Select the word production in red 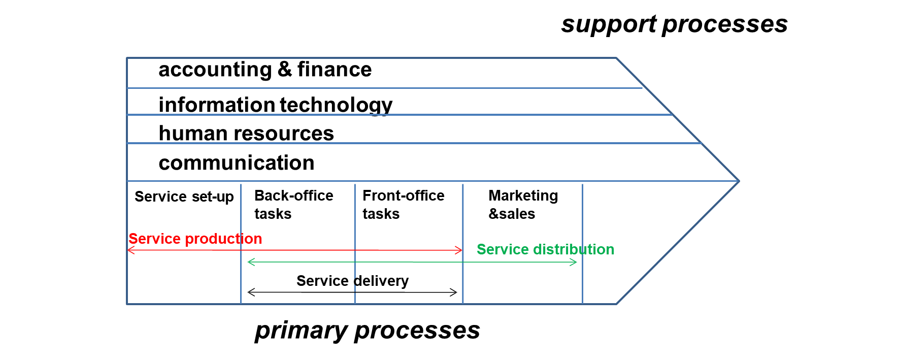pyautogui.click(x=224, y=239)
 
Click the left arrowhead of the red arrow pyautogui.click(x=129, y=250)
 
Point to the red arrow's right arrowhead pyautogui.click(x=460, y=250)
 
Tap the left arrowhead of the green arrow pyautogui.click(x=249, y=262)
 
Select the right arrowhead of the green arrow pyautogui.click(x=576, y=262)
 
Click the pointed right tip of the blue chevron pyautogui.click(x=739, y=181)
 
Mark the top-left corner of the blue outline pyautogui.click(x=127, y=58)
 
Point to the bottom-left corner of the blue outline pyautogui.click(x=127, y=304)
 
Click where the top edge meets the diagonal pyautogui.click(x=616, y=58)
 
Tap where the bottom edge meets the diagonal pyautogui.click(x=616, y=304)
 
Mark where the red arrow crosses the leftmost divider pyautogui.click(x=241, y=250)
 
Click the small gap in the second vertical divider pyautogui.click(x=355, y=285)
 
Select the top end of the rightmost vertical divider pyautogui.click(x=582, y=184)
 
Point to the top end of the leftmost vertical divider pyautogui.click(x=241, y=184)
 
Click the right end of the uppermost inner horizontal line pyautogui.click(x=643, y=88)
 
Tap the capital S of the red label pyautogui.click(x=133, y=239)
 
